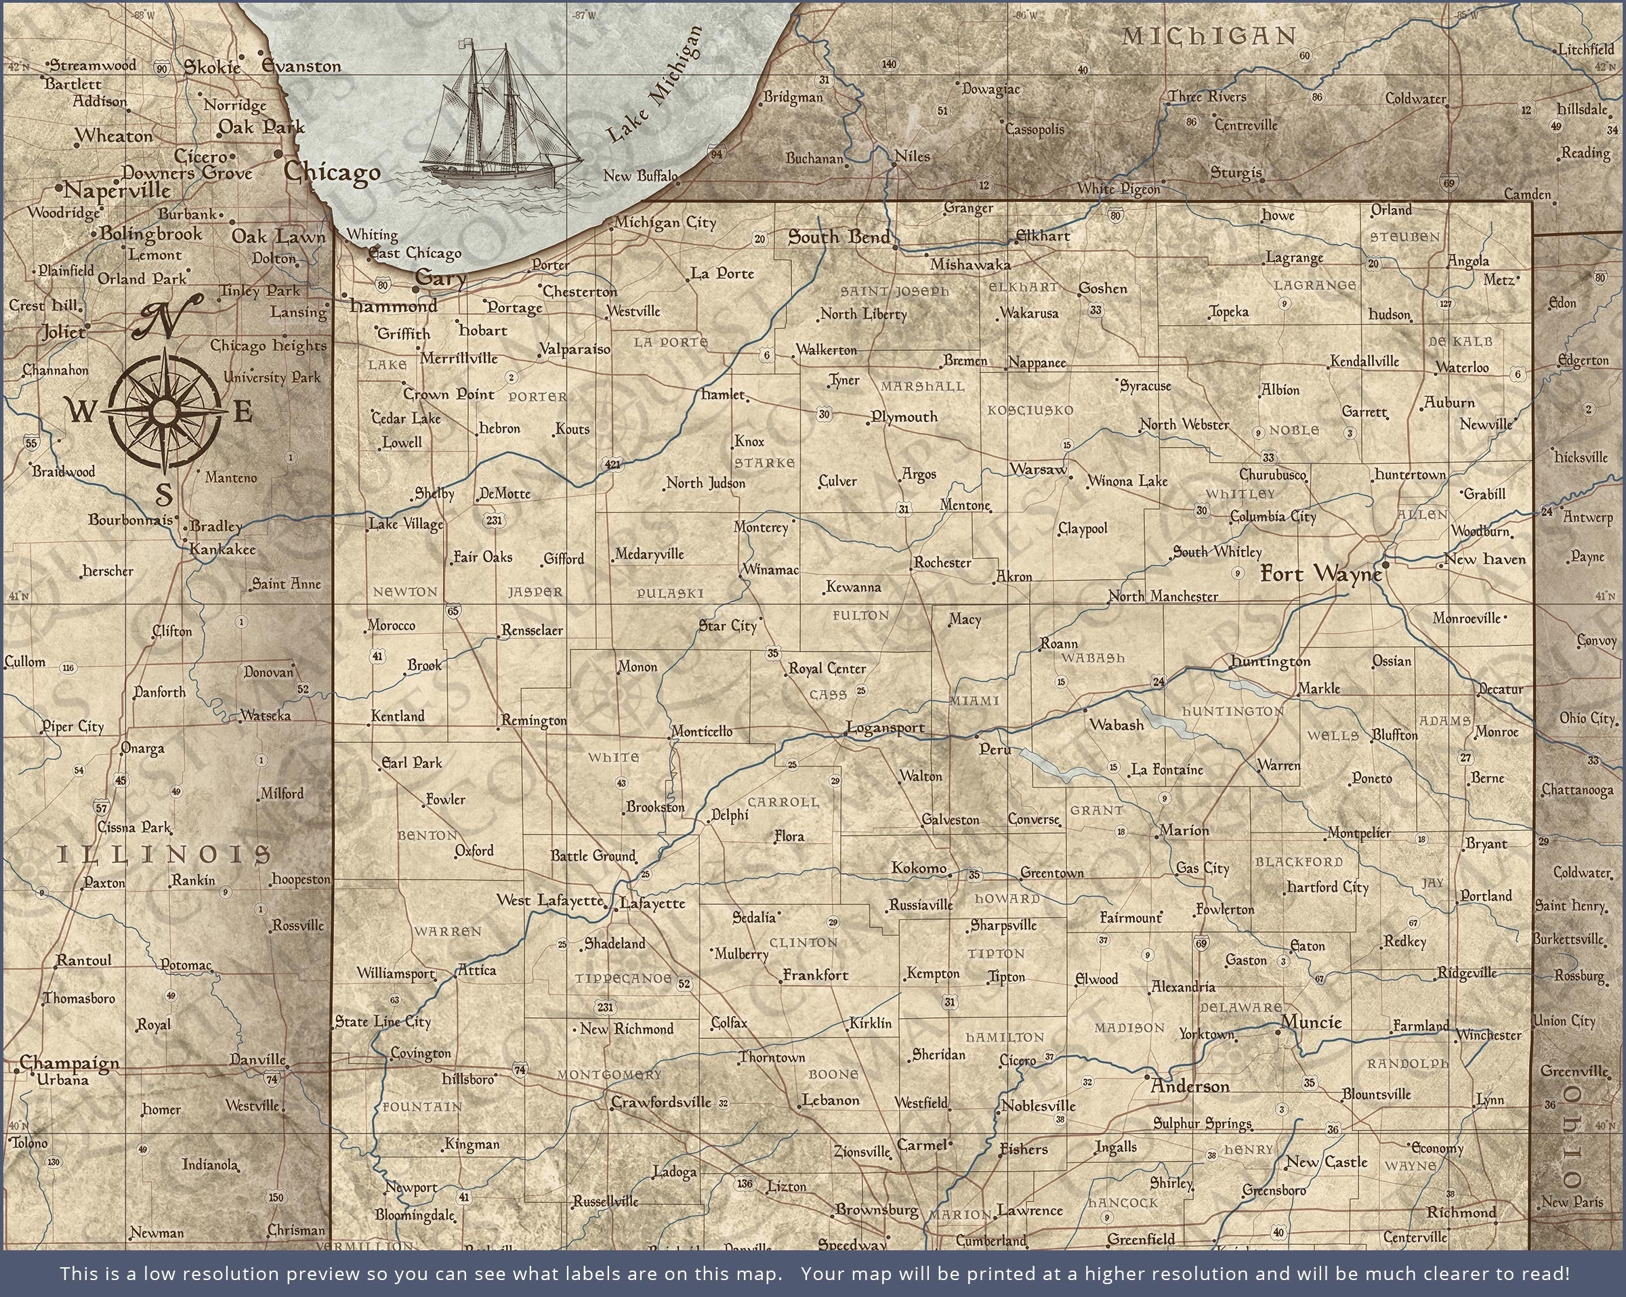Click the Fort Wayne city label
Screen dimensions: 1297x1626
1321,574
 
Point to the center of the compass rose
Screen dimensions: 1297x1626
165,412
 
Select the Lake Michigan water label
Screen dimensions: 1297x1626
653,85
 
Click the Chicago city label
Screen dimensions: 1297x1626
332,173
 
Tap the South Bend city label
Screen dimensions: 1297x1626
839,237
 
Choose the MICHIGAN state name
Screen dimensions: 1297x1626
1209,36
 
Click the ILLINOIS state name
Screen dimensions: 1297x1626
165,854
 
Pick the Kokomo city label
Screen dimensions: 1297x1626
919,868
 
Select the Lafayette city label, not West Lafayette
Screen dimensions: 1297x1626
652,903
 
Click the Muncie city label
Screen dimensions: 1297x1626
1311,1023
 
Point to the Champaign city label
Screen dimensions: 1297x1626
69,1063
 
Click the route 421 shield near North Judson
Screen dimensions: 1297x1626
612,465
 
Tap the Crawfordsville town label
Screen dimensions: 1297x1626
661,1102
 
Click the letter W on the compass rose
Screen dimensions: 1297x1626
81,412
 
